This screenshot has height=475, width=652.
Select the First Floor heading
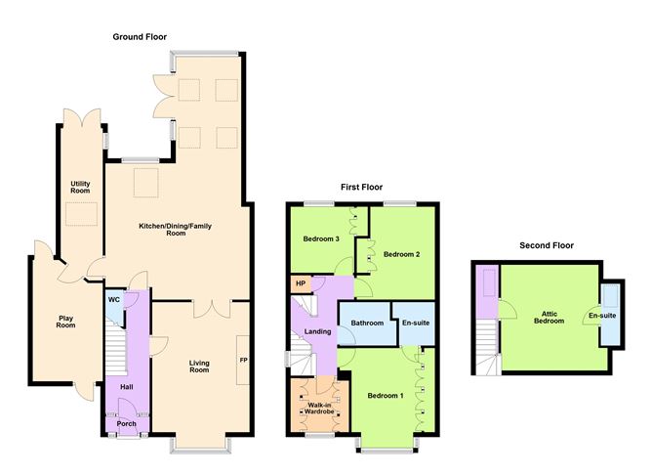(361, 187)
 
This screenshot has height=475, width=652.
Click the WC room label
(114, 300)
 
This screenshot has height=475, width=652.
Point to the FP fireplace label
(243, 360)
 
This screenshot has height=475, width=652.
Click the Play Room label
(65, 321)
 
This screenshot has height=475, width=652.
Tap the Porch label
(126, 424)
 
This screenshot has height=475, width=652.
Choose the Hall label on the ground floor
(126, 388)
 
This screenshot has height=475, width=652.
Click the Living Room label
(199, 367)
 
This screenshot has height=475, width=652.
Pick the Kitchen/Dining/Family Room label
(176, 230)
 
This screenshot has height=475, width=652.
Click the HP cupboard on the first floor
(300, 284)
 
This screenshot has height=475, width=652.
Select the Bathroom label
(367, 323)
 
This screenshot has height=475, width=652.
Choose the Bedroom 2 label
(401, 254)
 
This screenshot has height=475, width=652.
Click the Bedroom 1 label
(385, 396)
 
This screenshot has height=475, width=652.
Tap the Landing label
(318, 332)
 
